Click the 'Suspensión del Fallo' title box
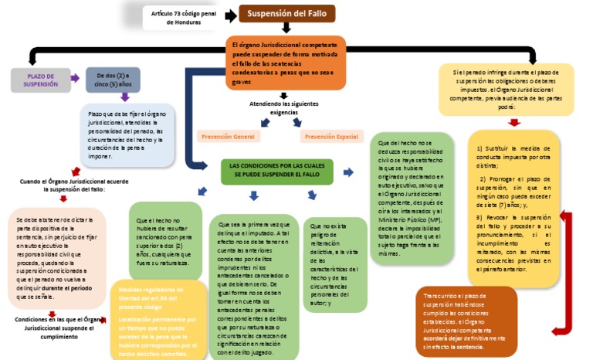click(x=286, y=13)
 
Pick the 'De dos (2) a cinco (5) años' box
click(x=114, y=80)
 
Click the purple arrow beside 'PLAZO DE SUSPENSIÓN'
click(x=76, y=79)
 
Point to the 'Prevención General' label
click(x=228, y=137)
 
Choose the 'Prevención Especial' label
click(x=331, y=137)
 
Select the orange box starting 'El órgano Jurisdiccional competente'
click(x=285, y=63)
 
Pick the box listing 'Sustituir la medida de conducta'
click(x=513, y=208)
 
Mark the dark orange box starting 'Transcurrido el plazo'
click(x=466, y=321)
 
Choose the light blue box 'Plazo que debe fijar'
click(x=127, y=134)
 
